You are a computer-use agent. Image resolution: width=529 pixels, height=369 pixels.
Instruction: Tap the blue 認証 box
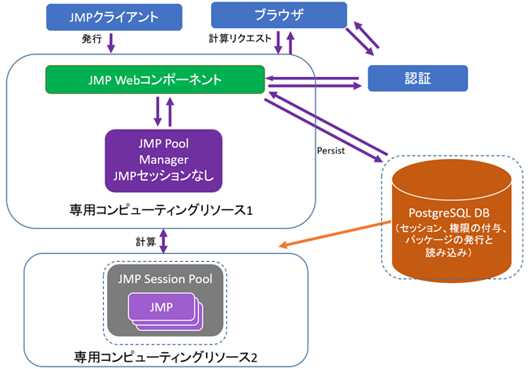417,79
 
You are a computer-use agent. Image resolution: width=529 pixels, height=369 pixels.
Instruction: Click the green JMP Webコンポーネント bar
154,80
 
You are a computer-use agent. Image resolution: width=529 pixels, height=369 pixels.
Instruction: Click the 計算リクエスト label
239,39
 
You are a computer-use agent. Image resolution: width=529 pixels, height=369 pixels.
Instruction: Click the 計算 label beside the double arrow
146,241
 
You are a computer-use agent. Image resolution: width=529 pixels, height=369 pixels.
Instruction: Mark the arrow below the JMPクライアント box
111,40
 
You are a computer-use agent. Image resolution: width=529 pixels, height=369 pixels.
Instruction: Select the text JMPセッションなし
163,174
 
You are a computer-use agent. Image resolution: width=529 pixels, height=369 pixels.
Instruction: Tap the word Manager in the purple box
163,159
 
